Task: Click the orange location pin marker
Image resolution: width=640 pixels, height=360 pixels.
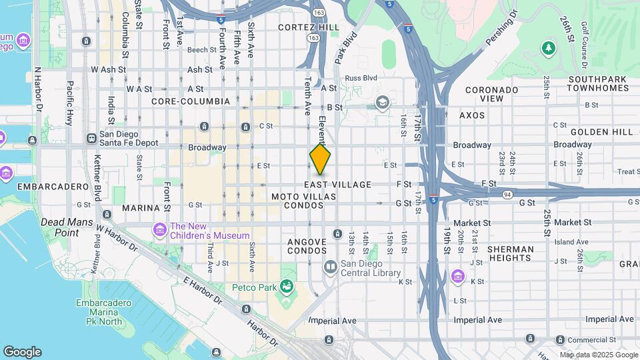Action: tap(321, 160)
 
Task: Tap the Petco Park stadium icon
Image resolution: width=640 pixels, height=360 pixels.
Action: tap(287, 287)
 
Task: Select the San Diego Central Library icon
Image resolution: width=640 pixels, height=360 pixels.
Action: tap(330, 267)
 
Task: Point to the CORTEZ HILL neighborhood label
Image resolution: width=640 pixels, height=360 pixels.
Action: tap(309, 27)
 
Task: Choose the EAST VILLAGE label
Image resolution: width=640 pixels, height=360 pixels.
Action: tap(338, 185)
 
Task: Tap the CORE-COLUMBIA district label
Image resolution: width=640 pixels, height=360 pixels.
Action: tap(191, 101)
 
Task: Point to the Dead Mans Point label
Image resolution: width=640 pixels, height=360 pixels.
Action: tap(60, 227)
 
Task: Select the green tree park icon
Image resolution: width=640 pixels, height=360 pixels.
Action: tap(549, 47)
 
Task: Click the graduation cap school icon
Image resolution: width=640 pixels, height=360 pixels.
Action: tap(382, 102)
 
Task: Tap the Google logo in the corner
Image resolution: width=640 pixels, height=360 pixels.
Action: tap(22, 352)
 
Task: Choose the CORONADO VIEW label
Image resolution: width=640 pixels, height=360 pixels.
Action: tap(492, 94)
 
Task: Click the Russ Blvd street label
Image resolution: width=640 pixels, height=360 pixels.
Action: tap(361, 78)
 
